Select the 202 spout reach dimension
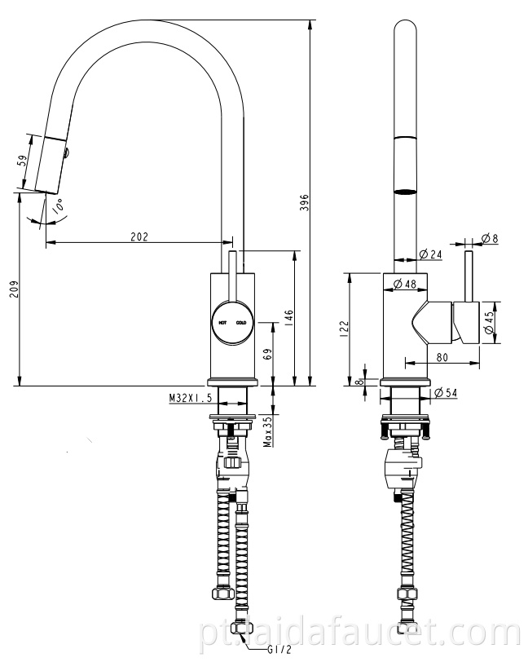click(x=139, y=236)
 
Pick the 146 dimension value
click(x=288, y=316)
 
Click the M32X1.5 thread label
click(x=190, y=398)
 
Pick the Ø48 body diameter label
click(x=405, y=284)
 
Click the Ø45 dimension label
click(x=489, y=323)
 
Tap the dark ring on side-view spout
click(x=405, y=192)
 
